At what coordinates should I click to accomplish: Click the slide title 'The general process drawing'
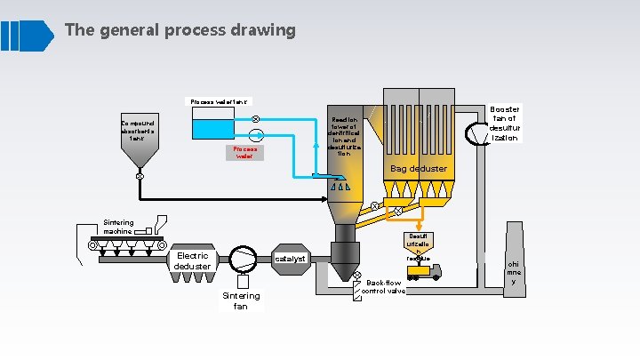pyautogui.click(x=180, y=30)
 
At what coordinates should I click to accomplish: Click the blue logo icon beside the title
pyautogui.click(x=28, y=35)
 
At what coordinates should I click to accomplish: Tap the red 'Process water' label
pyautogui.click(x=245, y=153)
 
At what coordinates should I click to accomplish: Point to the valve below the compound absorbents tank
pyautogui.click(x=140, y=176)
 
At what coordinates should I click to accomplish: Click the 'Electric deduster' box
pyautogui.click(x=192, y=260)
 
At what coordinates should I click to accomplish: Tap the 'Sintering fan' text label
pyautogui.click(x=241, y=300)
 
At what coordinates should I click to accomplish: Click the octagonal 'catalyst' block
pyautogui.click(x=290, y=259)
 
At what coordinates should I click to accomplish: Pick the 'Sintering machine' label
pyautogui.click(x=118, y=227)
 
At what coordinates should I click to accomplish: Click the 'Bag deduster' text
pyautogui.click(x=419, y=168)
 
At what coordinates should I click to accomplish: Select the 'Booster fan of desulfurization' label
pyautogui.click(x=504, y=124)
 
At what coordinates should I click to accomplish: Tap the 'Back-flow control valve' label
pyautogui.click(x=384, y=286)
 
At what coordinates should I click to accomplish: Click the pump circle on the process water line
pyautogui.click(x=256, y=134)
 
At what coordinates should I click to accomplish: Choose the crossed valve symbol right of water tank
pyautogui.click(x=255, y=118)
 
